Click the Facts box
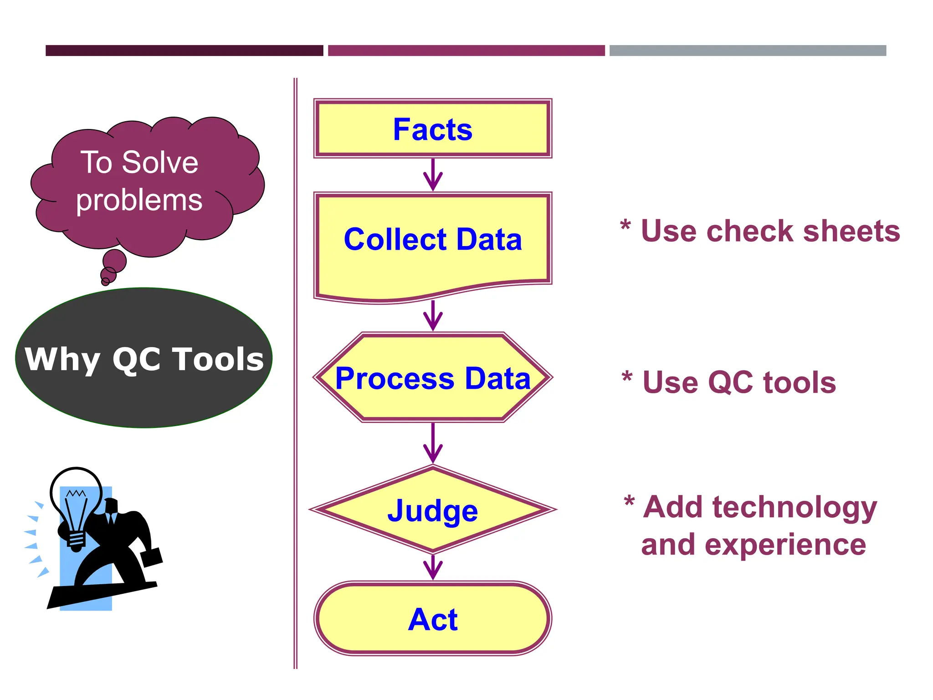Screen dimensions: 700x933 pyautogui.click(x=433, y=129)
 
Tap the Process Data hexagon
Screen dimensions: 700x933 pyautogui.click(x=433, y=378)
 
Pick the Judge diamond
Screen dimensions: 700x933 pyautogui.click(x=433, y=510)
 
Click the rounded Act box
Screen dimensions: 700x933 pyautogui.click(x=433, y=619)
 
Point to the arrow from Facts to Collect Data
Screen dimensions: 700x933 pyautogui.click(x=433, y=175)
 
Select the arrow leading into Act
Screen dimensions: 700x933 pyautogui.click(x=433, y=568)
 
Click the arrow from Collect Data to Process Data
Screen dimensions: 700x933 pyautogui.click(x=433, y=316)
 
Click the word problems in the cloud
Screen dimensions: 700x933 pyautogui.click(x=139, y=200)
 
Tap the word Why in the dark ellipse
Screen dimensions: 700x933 pyautogui.click(x=62, y=360)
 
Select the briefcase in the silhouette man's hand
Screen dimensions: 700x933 pyautogui.click(x=151, y=557)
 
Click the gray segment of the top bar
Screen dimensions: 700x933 pyautogui.click(x=748, y=51)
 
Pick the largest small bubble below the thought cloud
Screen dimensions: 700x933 pyautogui.click(x=114, y=261)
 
